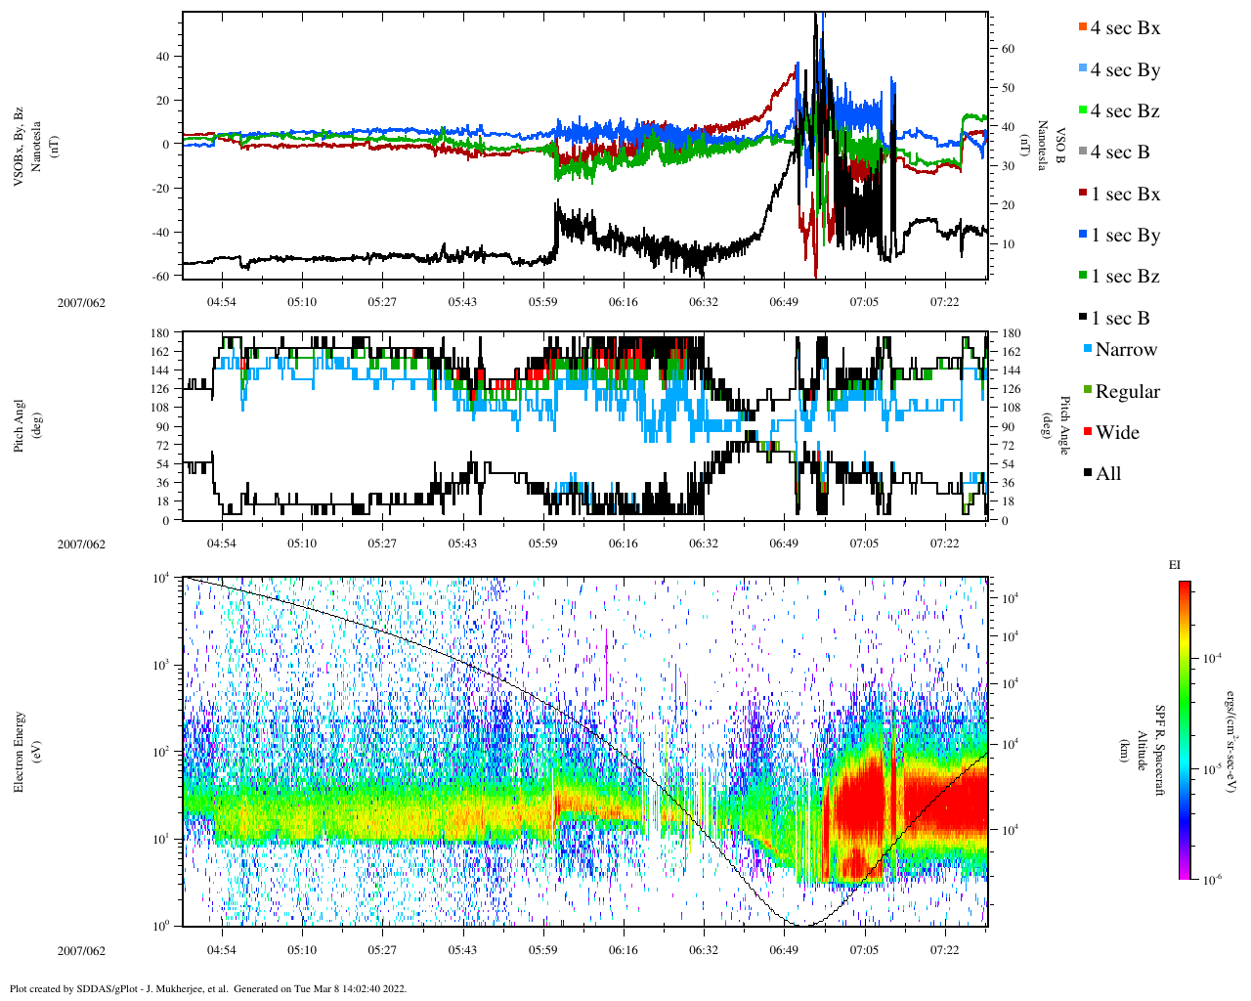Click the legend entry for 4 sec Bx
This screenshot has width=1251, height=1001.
coord(1124,28)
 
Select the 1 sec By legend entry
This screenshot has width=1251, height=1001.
coord(1124,236)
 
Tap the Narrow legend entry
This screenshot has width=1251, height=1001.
coord(1124,350)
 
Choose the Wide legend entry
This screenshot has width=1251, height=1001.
coord(1116,433)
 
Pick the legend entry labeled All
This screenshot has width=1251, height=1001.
coord(1106,474)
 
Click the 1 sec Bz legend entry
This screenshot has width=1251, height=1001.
coord(1124,277)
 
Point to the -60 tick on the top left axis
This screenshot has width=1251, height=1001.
coord(161,276)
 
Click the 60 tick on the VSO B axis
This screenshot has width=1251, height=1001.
coord(1008,49)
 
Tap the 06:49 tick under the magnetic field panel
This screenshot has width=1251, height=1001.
coord(783,302)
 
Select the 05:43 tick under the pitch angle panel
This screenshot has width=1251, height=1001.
coord(462,544)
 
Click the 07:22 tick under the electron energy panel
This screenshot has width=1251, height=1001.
coord(944,950)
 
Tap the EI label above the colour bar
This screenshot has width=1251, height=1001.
coord(1175,565)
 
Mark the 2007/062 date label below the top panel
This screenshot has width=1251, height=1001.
coord(81,302)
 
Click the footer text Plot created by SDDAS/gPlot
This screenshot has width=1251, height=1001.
coord(208,988)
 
